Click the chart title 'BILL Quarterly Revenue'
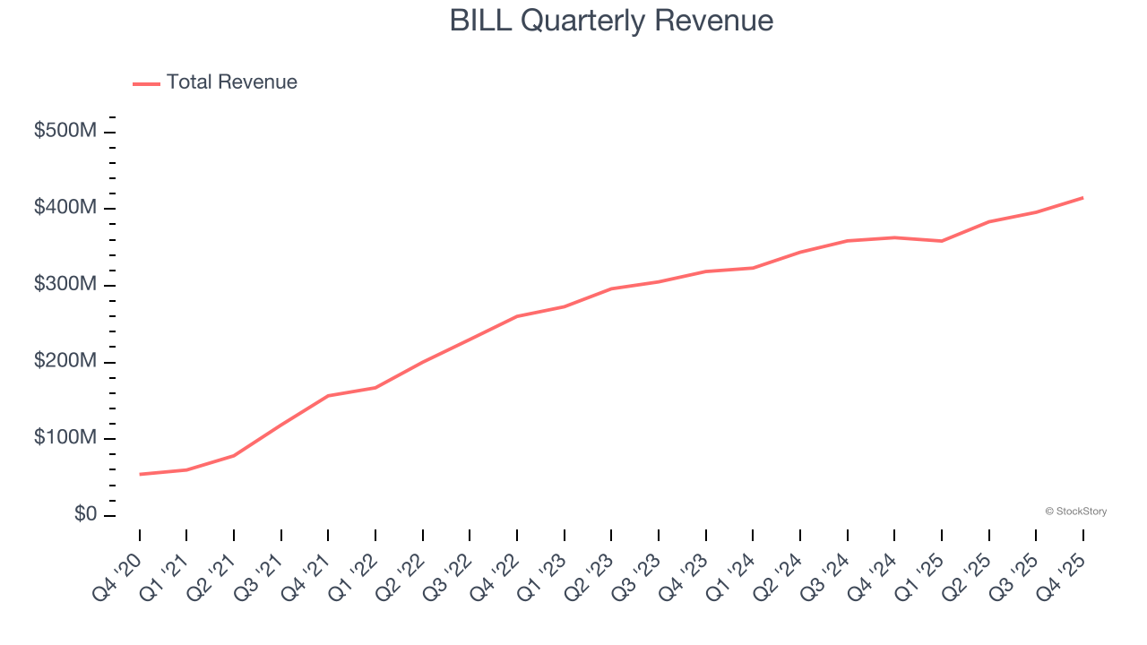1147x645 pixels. pos(611,20)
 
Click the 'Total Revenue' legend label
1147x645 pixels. pos(231,82)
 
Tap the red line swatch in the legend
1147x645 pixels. pos(146,83)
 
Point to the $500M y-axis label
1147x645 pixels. pos(65,131)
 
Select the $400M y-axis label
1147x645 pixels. pos(65,208)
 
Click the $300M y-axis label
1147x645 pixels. pos(65,285)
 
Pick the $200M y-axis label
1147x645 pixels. pos(65,361)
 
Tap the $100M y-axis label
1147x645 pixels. pos(65,438)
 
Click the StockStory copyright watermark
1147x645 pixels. pos(1075,512)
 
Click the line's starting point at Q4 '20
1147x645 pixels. pos(140,474)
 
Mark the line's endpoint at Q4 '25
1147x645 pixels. pos(1083,197)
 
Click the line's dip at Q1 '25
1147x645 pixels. pos(942,241)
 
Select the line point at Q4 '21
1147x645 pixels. pos(328,395)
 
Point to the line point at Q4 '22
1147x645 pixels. pos(517,316)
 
